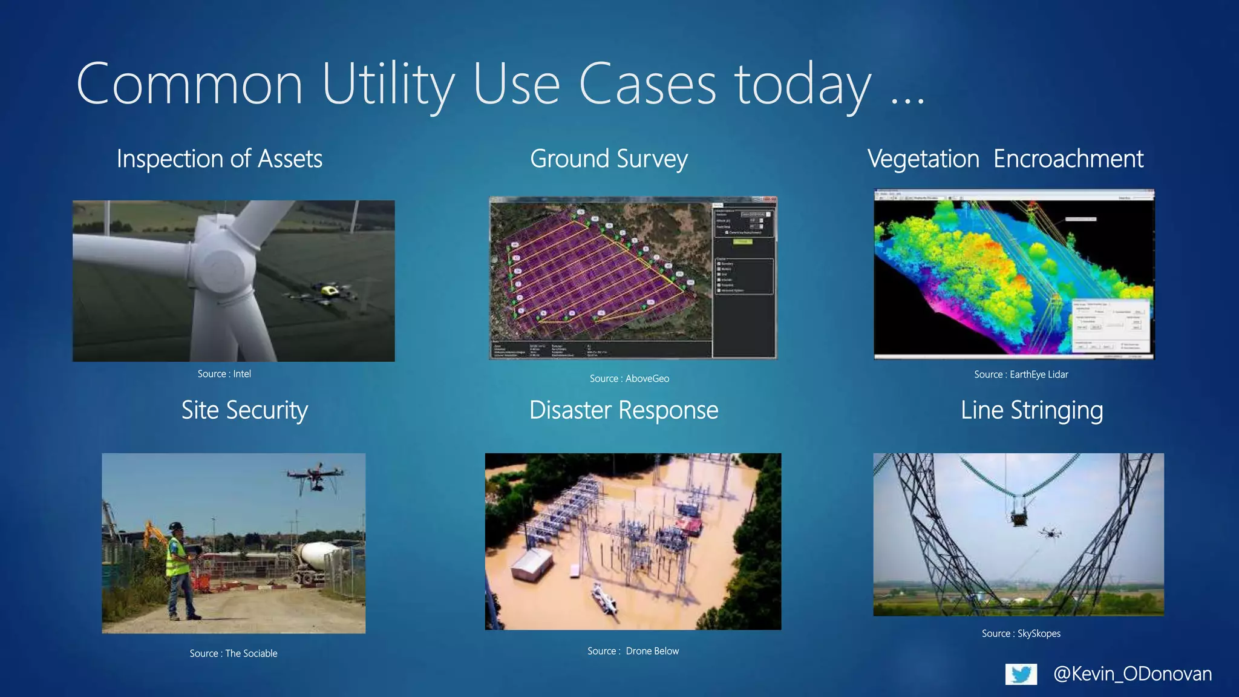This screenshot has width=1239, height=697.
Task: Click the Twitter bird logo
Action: tap(1021, 674)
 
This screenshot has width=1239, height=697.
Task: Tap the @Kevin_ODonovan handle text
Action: tap(1132, 673)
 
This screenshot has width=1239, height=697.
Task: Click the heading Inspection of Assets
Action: tap(219, 159)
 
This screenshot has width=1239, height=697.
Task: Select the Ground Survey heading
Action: tap(609, 159)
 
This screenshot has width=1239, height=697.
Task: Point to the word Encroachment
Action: tap(1068, 159)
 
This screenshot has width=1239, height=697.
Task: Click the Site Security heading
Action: tap(244, 410)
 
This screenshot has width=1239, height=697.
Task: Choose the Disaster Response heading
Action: tap(624, 410)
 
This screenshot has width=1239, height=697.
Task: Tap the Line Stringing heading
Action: tap(1031, 410)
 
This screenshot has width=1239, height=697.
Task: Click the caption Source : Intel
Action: tap(224, 374)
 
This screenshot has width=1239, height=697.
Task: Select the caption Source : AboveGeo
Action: tap(629, 379)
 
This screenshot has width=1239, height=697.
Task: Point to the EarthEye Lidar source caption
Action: tap(1021, 375)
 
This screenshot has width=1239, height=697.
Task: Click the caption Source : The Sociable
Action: tap(233, 653)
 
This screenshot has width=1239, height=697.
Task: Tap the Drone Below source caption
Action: tap(633, 651)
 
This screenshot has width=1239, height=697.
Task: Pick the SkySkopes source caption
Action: tap(1021, 633)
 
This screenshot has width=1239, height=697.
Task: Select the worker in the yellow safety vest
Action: tap(178, 569)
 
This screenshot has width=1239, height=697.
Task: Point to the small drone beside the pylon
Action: tap(1050, 532)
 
